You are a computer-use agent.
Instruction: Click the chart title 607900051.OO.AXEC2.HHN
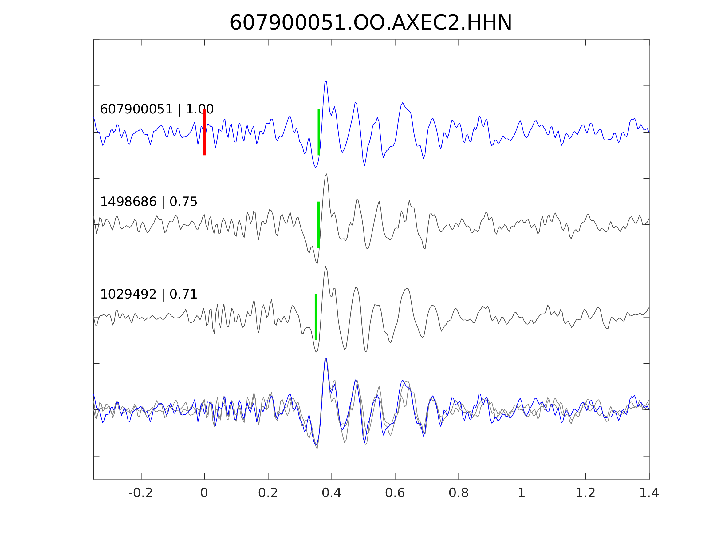[371, 23]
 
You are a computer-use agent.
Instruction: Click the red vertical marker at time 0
[205, 132]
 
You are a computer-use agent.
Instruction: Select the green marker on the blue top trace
[319, 132]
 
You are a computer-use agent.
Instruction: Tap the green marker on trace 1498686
[319, 225]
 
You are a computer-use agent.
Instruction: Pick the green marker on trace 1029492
[316, 317]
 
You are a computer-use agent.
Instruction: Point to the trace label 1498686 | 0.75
[148, 202]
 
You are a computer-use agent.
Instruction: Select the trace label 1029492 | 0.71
[148, 295]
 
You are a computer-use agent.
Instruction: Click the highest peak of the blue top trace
[326, 81]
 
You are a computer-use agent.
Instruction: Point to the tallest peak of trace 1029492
[325, 267]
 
